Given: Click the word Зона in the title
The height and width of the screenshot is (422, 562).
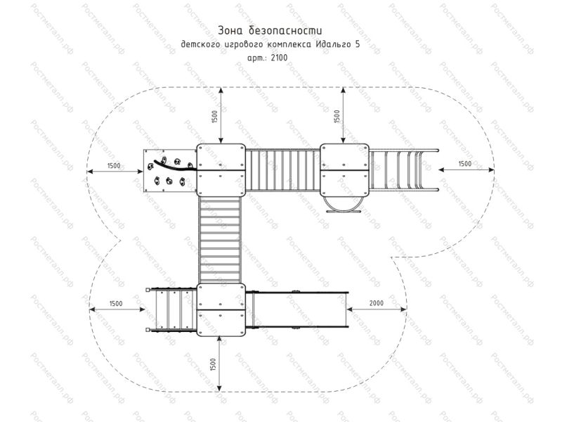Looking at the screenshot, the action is click(228, 30).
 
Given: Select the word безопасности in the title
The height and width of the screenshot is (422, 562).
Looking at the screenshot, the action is click(285, 30).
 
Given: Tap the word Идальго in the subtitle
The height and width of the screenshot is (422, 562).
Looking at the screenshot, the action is click(332, 44).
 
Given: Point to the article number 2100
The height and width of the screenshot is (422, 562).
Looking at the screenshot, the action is click(280, 58).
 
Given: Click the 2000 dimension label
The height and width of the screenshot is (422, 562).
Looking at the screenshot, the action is click(377, 303).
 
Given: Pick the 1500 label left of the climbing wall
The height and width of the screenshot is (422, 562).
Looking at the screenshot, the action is click(114, 166).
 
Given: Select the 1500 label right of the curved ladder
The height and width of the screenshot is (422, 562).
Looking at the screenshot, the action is click(465, 164).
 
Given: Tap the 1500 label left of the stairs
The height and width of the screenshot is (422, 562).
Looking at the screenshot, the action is click(116, 304).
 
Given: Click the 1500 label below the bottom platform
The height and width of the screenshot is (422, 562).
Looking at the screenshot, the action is click(214, 364).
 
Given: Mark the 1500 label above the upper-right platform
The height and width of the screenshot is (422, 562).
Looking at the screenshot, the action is click(336, 116).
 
